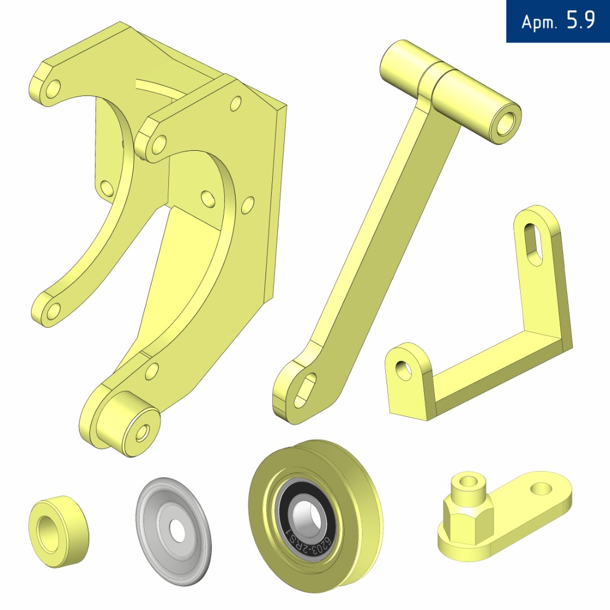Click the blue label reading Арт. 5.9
pos(557,21)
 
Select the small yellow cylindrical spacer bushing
pos(59,531)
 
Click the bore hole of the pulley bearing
pos(307,518)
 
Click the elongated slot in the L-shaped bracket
pos(533,245)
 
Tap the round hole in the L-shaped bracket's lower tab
pos(403,370)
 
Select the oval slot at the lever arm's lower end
pos(306,390)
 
